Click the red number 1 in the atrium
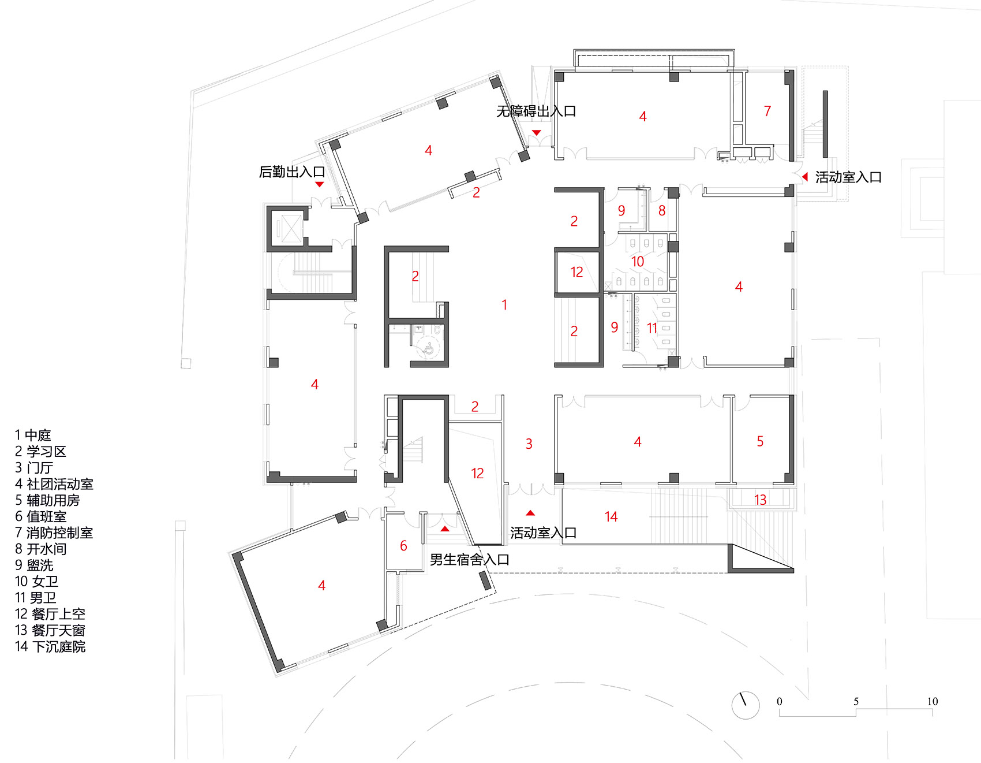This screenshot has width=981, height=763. (x=504, y=305)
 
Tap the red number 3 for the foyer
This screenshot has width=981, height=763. (x=529, y=444)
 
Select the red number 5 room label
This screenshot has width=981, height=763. (x=760, y=442)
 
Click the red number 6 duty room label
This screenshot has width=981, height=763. (x=403, y=546)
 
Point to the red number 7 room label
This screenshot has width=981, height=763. (x=767, y=111)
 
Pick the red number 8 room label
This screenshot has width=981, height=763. (x=662, y=211)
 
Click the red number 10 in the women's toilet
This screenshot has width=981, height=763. (x=637, y=262)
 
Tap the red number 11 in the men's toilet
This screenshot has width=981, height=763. (x=651, y=329)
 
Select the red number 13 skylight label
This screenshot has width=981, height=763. (x=760, y=500)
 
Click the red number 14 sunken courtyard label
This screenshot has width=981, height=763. (x=611, y=517)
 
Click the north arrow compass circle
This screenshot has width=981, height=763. (x=746, y=705)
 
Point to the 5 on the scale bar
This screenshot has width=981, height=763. (x=856, y=702)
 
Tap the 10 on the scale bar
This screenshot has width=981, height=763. (x=933, y=702)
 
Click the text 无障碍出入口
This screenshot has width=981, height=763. (x=536, y=111)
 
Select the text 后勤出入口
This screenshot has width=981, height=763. (x=292, y=172)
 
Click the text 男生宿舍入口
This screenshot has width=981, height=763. (x=469, y=560)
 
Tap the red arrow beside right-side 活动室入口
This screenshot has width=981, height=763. (x=805, y=177)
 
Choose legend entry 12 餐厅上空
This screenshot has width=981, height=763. (x=50, y=614)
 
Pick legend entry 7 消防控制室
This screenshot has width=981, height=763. (x=54, y=533)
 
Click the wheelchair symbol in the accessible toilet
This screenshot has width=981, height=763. (x=429, y=348)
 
